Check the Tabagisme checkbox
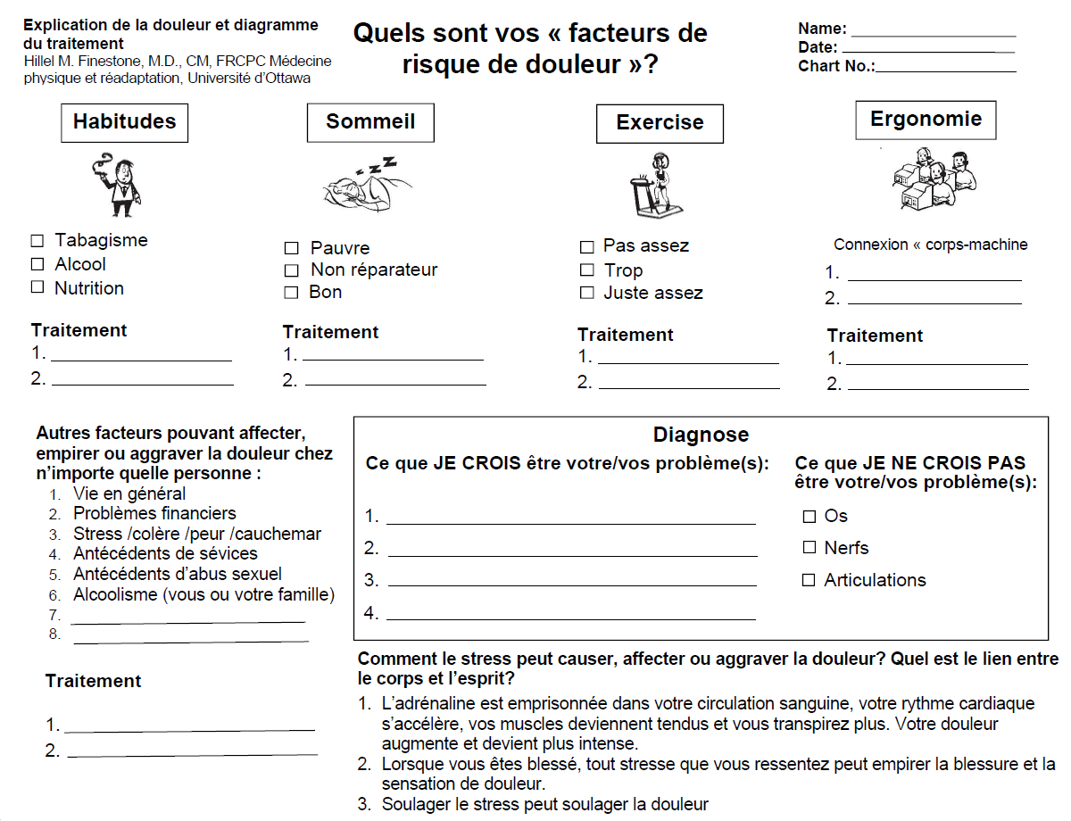click(37, 241)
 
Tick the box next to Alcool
click(37, 264)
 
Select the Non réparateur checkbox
click(291, 270)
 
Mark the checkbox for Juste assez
click(586, 293)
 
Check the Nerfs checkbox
click(809, 547)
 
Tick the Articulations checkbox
click(809, 580)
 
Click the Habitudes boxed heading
click(124, 122)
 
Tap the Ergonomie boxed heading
click(926, 120)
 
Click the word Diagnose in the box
click(701, 435)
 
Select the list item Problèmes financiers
click(154, 513)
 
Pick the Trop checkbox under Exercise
click(586, 270)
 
